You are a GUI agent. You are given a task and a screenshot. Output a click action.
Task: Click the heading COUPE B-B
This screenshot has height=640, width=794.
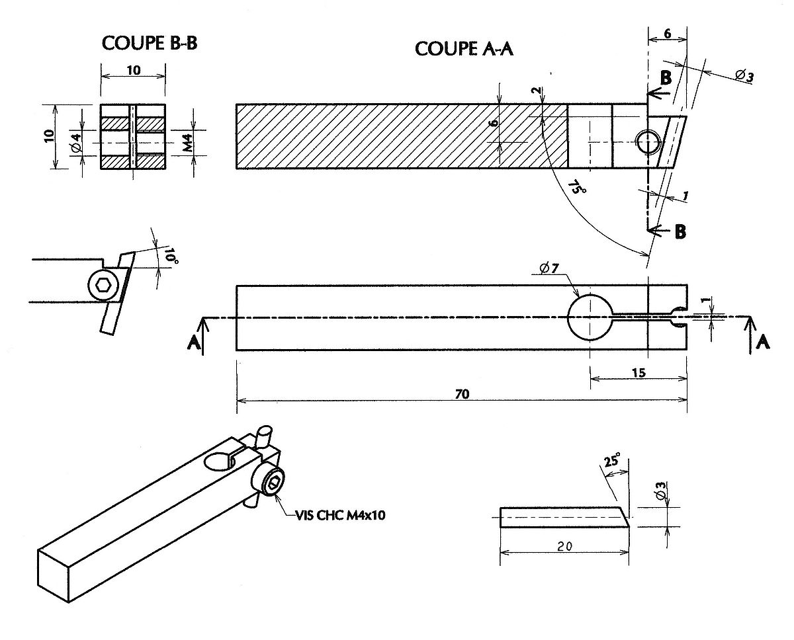[150, 44]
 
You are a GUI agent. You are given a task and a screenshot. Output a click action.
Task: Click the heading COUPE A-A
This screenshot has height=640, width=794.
[465, 49]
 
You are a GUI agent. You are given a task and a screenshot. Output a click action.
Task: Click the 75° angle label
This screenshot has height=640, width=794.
[578, 189]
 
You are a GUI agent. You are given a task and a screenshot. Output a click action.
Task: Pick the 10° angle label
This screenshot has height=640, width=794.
[171, 257]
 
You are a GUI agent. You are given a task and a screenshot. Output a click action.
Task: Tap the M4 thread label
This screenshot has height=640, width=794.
[188, 141]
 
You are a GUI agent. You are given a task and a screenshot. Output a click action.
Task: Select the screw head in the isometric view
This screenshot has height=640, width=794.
[273, 483]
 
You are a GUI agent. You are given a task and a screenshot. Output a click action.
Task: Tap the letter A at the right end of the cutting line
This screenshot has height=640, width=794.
[762, 341]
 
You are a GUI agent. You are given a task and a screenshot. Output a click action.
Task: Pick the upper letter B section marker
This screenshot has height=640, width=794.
[666, 77]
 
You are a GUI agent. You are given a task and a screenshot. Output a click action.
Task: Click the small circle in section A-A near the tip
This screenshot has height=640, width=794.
[647, 142]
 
